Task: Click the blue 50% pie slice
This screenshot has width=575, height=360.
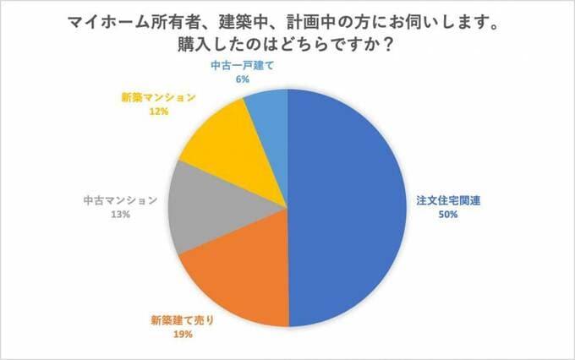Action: click(x=347, y=207)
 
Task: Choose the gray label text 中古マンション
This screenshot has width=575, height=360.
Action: click(x=120, y=201)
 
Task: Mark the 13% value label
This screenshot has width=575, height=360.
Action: click(x=119, y=215)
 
